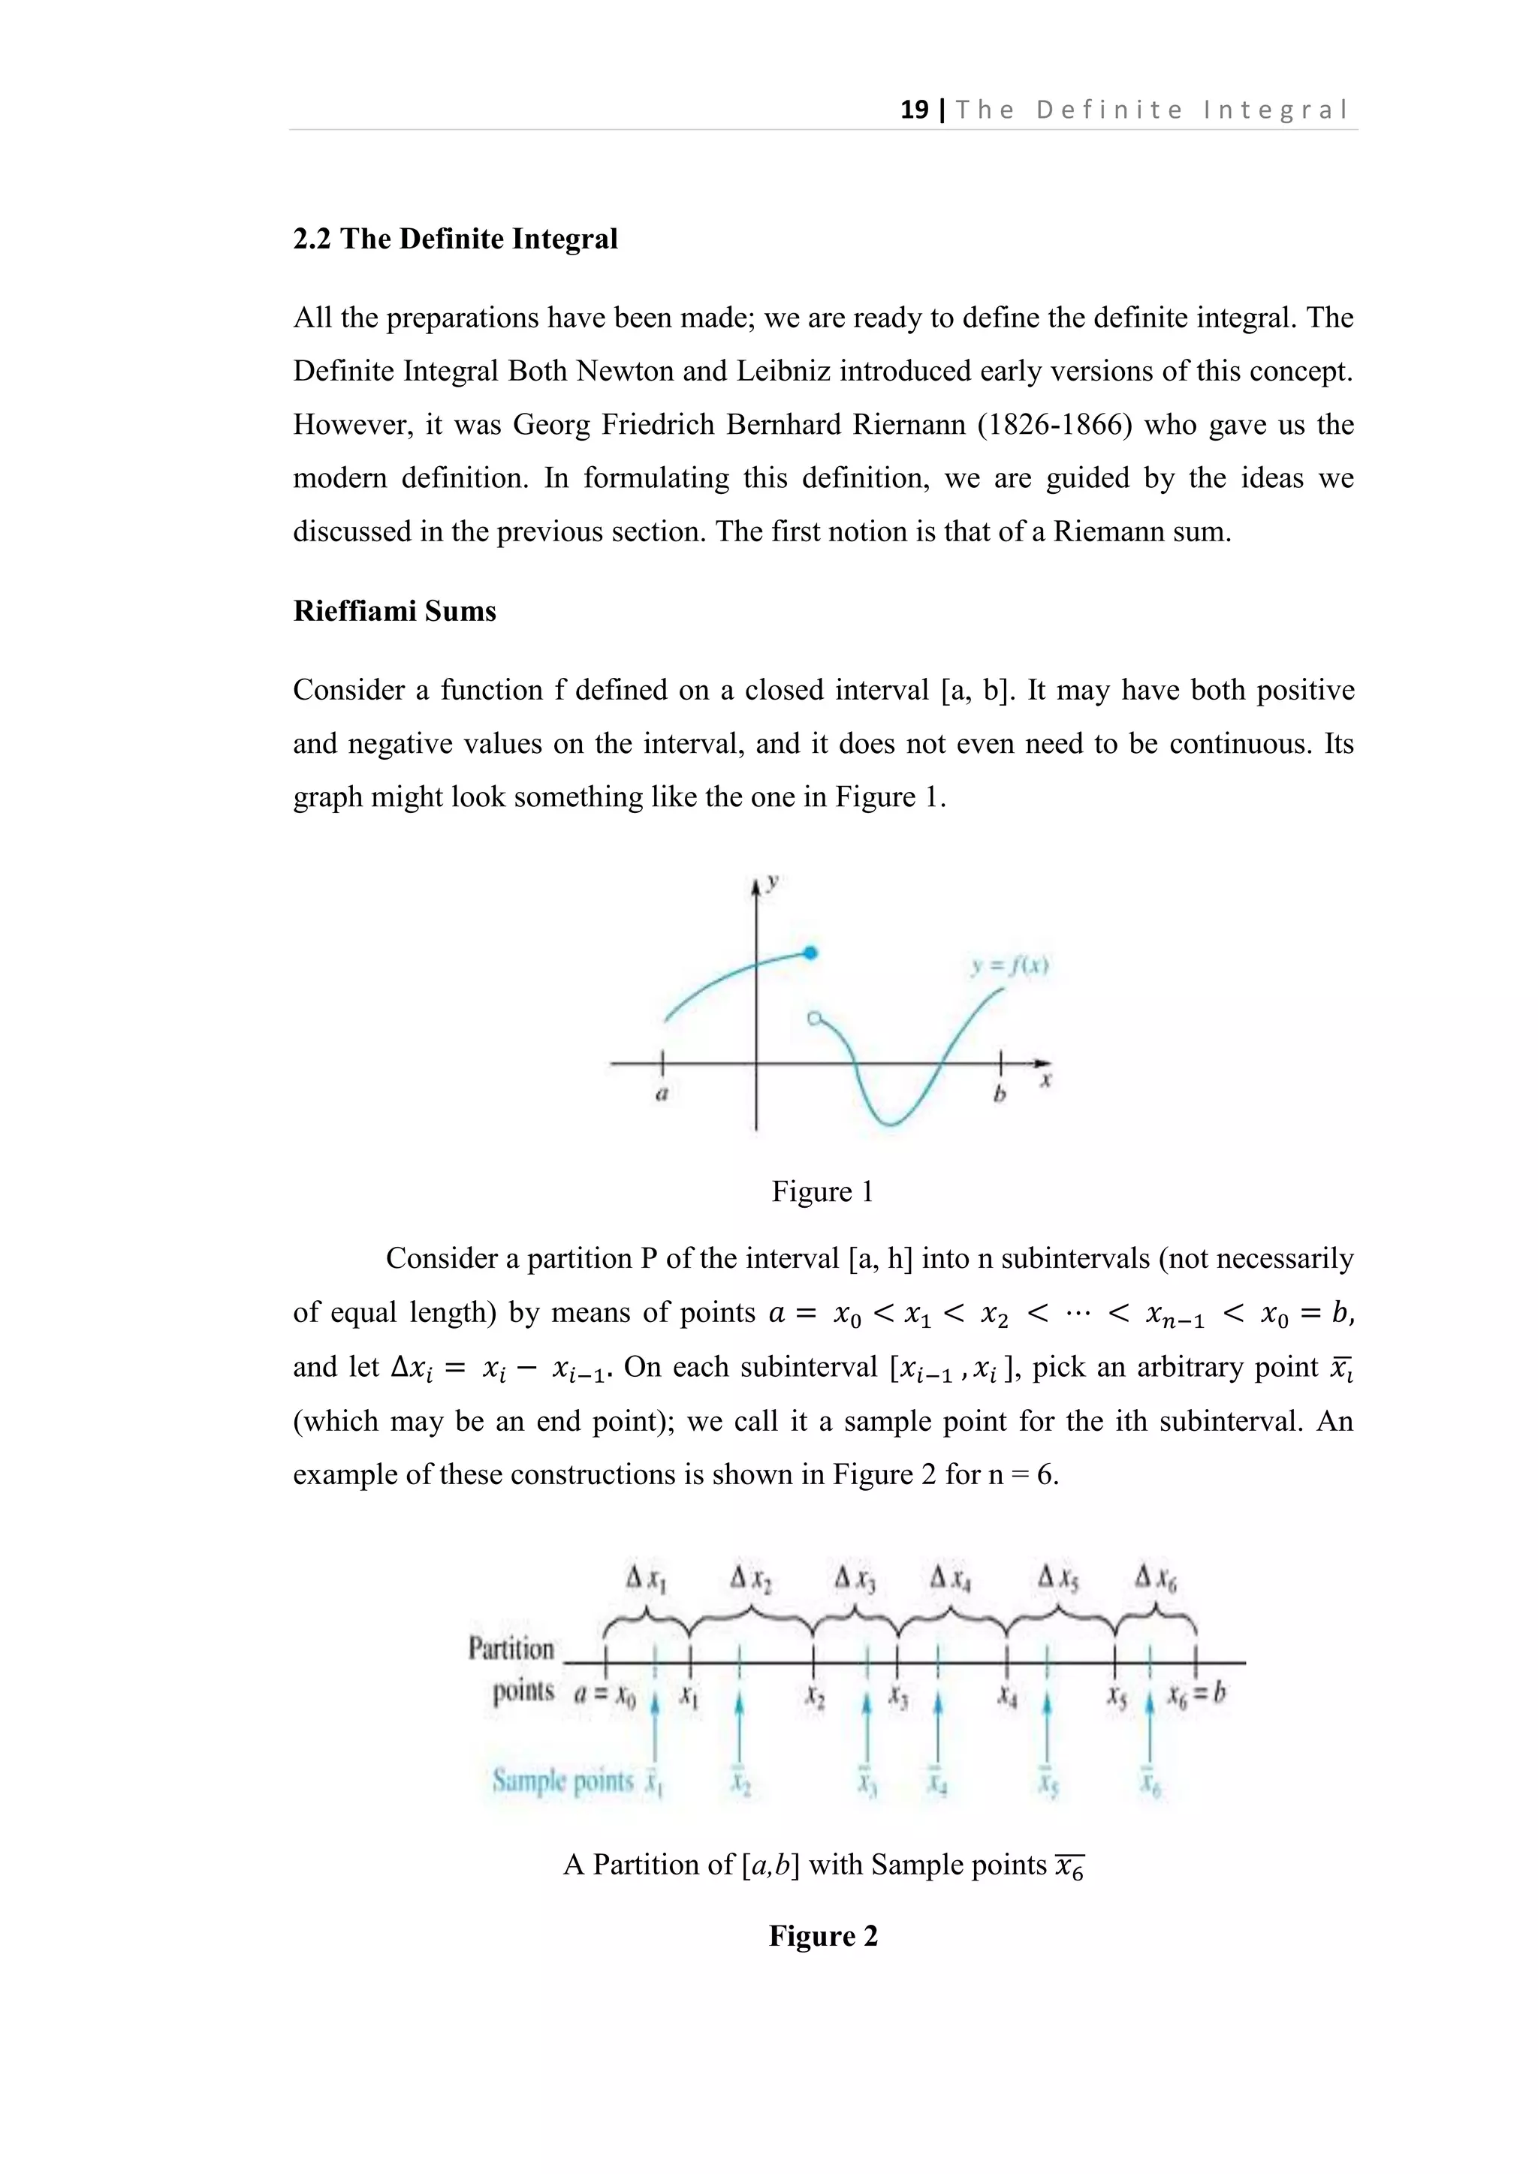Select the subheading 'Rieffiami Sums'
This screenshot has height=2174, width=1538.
[394, 611]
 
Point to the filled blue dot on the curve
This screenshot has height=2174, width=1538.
[810, 953]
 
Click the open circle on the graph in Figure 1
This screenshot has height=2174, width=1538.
[812, 1019]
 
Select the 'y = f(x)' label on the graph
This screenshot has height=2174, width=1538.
[1009, 967]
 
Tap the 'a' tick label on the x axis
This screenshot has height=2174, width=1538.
[662, 1094]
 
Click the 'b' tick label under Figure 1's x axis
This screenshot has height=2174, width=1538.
[998, 1095]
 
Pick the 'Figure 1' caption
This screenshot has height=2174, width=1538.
[822, 1191]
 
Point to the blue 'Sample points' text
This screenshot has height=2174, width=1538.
[562, 1781]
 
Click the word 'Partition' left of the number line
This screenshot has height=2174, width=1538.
[511, 1649]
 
